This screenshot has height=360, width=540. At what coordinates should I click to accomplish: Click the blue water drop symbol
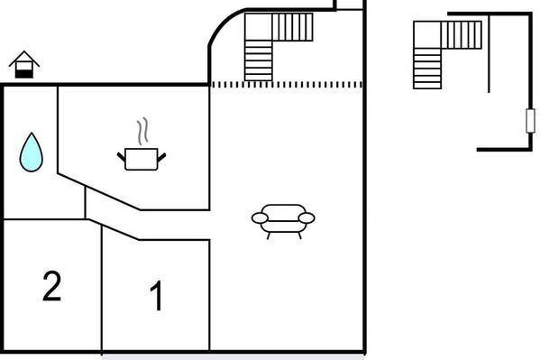click(x=31, y=152)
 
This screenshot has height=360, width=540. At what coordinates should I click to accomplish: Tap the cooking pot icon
click(x=142, y=159)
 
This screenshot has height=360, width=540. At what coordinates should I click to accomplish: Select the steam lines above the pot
click(x=143, y=131)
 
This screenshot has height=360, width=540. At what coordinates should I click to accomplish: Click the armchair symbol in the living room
click(x=283, y=221)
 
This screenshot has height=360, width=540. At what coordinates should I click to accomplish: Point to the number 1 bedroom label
click(x=156, y=295)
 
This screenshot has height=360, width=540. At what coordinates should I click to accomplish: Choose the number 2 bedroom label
click(x=52, y=286)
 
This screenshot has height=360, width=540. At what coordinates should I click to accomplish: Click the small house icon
click(x=24, y=64)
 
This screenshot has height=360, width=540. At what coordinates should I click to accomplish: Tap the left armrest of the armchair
click(x=260, y=218)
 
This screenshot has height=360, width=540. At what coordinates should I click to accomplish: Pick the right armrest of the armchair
click(x=307, y=218)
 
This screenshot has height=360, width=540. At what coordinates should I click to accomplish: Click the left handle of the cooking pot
click(x=121, y=157)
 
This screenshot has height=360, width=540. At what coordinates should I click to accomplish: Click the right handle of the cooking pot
click(x=161, y=158)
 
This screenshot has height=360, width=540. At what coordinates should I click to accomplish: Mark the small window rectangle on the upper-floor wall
click(x=530, y=121)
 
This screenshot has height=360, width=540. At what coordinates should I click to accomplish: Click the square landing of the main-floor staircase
click(x=259, y=27)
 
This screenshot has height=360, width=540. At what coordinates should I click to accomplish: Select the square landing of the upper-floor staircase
click(x=427, y=35)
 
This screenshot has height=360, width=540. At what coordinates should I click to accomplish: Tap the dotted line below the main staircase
click(x=287, y=85)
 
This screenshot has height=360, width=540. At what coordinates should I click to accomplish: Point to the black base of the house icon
click(x=24, y=74)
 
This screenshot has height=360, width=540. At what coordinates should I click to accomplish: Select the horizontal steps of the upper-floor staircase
click(x=427, y=69)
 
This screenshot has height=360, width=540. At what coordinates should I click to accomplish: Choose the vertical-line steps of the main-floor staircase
click(x=292, y=27)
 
